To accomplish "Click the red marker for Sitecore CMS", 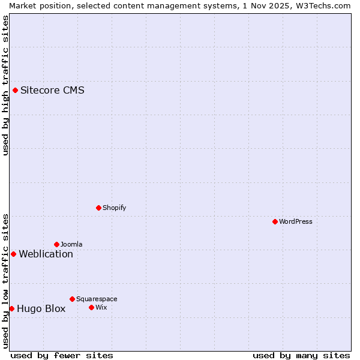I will tap(16, 91).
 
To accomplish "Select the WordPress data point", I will tap(275, 221).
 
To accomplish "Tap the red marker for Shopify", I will tap(98, 208).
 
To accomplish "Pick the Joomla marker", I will tap(56, 244).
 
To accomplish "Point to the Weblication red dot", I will tap(14, 254).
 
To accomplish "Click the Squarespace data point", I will tap(72, 299).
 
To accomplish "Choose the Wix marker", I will tap(91, 307).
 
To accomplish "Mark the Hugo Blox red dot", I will tap(11, 308).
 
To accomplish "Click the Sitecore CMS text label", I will tap(52, 91).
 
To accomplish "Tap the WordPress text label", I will tap(296, 221).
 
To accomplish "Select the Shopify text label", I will tap(114, 208).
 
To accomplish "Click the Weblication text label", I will tap(46, 254).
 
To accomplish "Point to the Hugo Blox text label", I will tap(41, 309).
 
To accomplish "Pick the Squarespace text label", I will tap(97, 299).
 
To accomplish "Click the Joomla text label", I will tap(71, 244).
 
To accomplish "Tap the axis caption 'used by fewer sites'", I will tap(62, 355).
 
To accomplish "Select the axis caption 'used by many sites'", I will tap(301, 355).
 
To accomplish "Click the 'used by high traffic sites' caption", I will tap(5, 85).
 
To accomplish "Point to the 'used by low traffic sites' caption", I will tap(5, 281).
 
